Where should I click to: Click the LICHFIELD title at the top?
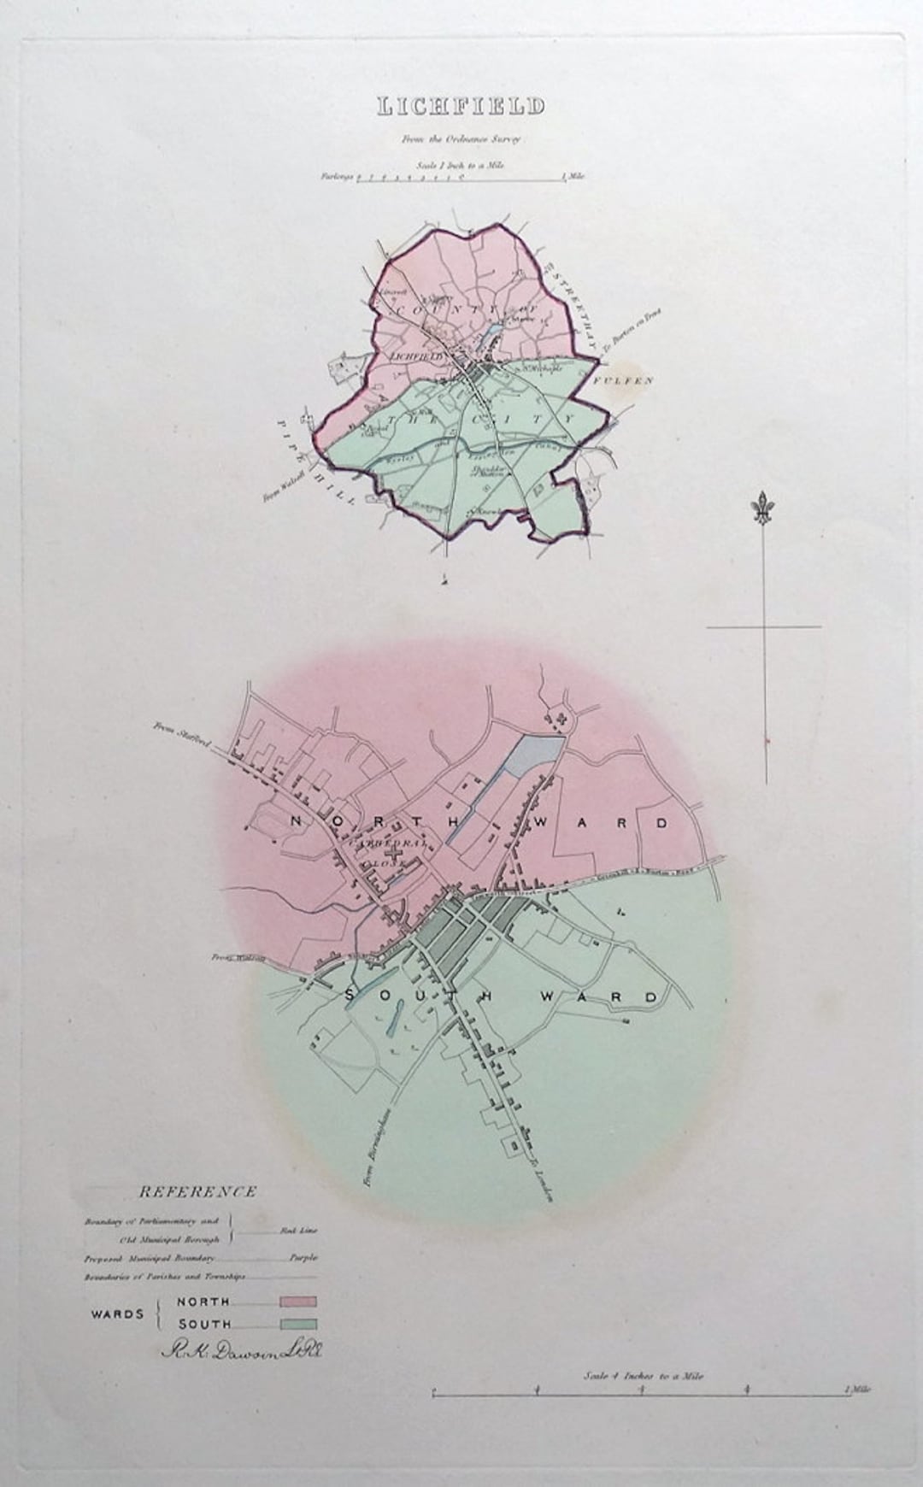click(461, 107)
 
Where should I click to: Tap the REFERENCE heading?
click(197, 1191)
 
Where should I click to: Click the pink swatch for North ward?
click(297, 1302)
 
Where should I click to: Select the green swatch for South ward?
click(297, 1324)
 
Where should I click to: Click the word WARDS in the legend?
click(118, 1314)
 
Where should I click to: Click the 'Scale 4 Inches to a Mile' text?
click(644, 1376)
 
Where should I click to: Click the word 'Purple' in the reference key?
click(303, 1258)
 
